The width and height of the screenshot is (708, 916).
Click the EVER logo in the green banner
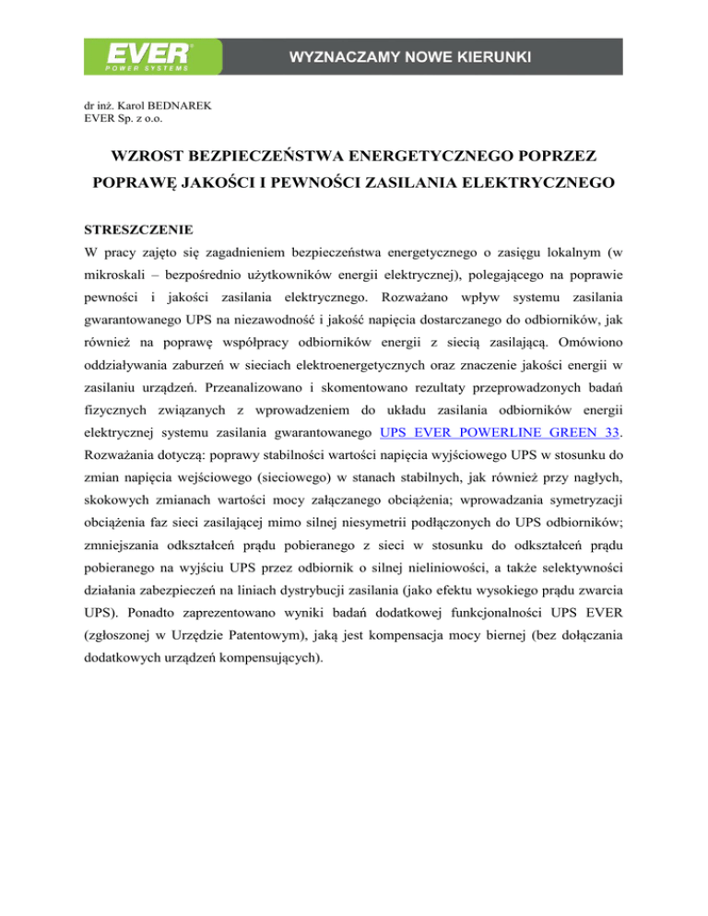coord(141,54)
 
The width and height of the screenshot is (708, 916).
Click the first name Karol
coord(127,106)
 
